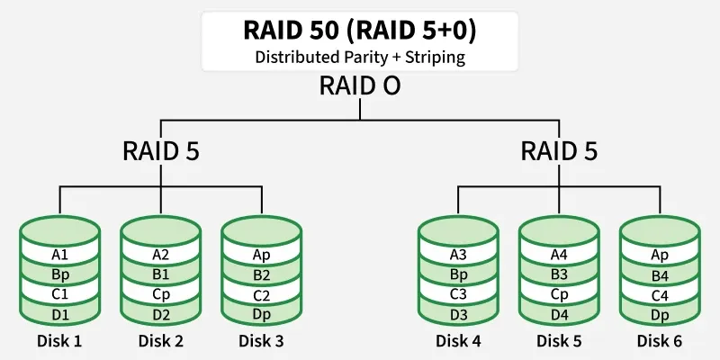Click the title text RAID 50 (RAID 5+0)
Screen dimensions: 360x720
click(359, 30)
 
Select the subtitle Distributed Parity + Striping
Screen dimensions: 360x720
click(359, 57)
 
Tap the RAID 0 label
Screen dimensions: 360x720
click(359, 87)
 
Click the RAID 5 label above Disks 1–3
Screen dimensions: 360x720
click(160, 151)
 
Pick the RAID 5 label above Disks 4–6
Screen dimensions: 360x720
click(559, 151)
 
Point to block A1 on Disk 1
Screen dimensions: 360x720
click(59, 255)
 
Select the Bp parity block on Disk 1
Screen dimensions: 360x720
click(59, 274)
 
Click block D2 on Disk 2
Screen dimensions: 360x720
click(160, 314)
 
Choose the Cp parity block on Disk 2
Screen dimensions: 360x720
click(160, 294)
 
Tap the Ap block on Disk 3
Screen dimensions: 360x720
click(261, 255)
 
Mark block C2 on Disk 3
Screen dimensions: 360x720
click(261, 294)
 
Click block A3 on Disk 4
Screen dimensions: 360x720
click(458, 255)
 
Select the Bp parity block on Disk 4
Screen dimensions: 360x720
click(458, 274)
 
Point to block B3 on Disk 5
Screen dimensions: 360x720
click(559, 274)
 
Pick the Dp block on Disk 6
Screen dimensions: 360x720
click(660, 314)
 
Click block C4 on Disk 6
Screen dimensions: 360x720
click(660, 294)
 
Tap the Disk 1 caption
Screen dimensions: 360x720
click(59, 341)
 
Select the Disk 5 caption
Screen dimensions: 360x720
click(559, 341)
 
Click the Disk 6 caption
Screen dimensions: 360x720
click(660, 341)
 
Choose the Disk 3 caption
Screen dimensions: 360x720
click(261, 341)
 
